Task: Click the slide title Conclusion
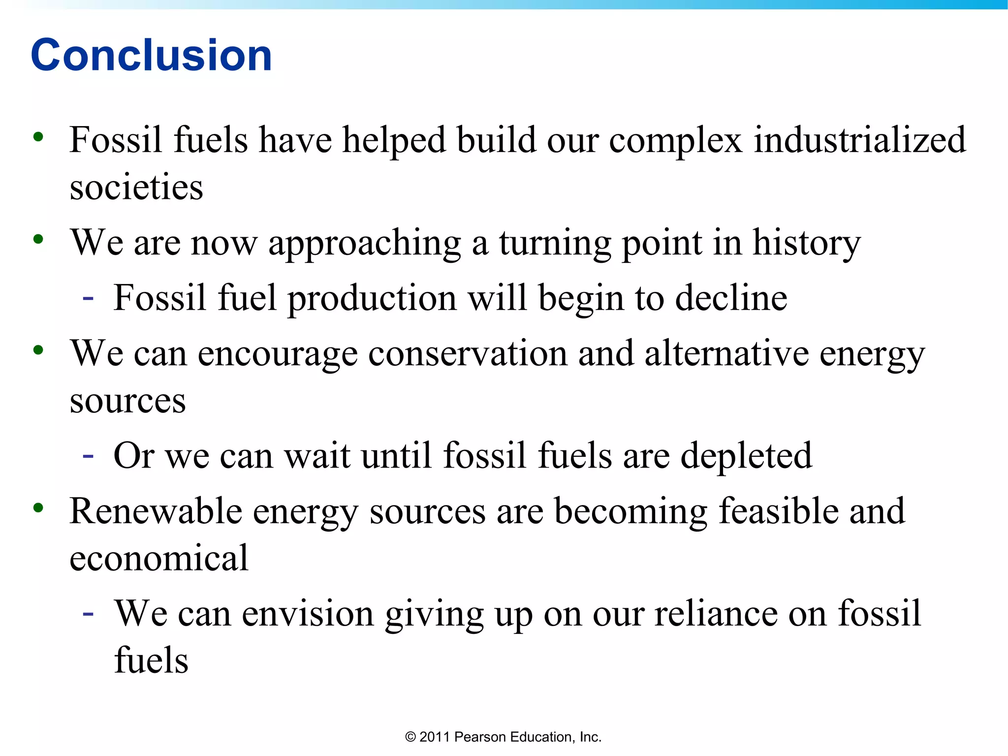pyautogui.click(x=151, y=55)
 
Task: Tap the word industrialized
pyautogui.click(x=860, y=140)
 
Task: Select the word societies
pyautogui.click(x=136, y=188)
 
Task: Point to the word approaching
pyautogui.click(x=364, y=244)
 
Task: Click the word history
pyautogui.click(x=807, y=244)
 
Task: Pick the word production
pyautogui.click(x=372, y=299)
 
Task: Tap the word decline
pyautogui.click(x=731, y=298)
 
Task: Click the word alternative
pyautogui.click(x=726, y=353)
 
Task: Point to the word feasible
pyautogui.click(x=778, y=511)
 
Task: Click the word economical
pyautogui.click(x=159, y=558)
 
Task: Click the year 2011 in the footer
pyautogui.click(x=435, y=737)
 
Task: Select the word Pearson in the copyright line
pyautogui.click(x=480, y=737)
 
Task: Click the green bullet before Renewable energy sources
pyautogui.click(x=38, y=507)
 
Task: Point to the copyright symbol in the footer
pyautogui.click(x=410, y=737)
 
